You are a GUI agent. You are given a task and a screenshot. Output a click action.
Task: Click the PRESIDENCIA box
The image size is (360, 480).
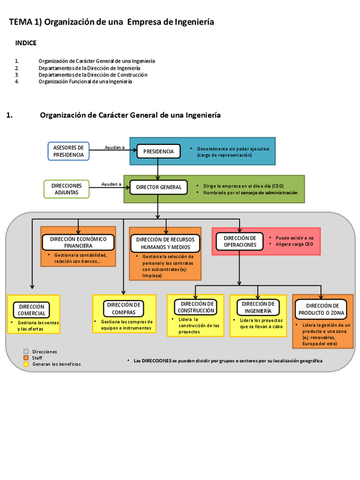pyautogui.click(x=158, y=151)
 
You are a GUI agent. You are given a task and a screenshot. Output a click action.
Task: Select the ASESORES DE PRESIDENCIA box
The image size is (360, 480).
pyautogui.click(x=68, y=151)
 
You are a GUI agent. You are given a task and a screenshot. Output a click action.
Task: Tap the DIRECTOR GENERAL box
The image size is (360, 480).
pyautogui.click(x=158, y=187)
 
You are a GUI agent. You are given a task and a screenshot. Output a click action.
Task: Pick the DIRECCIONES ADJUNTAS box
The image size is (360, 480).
pyautogui.click(x=66, y=189)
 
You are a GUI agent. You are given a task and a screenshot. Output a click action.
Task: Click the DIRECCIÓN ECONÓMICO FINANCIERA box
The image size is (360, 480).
pyautogui.click(x=78, y=242)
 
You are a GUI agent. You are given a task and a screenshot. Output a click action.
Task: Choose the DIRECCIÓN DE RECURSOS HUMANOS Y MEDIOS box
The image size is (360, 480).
pyautogui.click(x=166, y=243)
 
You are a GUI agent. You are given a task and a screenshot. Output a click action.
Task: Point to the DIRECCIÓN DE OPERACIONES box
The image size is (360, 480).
pyautogui.click(x=239, y=242)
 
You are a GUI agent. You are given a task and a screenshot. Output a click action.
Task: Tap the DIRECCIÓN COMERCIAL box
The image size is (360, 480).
pyautogui.click(x=31, y=310)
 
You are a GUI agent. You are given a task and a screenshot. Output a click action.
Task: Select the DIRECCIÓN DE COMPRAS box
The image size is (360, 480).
pyautogui.click(x=123, y=308)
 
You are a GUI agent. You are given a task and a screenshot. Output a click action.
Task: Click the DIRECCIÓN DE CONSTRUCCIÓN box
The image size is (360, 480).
pyautogui.click(x=196, y=307)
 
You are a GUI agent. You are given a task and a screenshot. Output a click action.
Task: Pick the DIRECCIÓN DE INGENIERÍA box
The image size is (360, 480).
pyautogui.click(x=258, y=307)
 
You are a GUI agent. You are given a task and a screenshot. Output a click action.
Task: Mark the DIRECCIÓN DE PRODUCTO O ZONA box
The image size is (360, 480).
pyautogui.click(x=321, y=309)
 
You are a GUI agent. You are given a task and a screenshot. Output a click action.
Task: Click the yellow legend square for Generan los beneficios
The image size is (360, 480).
pyautogui.click(x=26, y=364)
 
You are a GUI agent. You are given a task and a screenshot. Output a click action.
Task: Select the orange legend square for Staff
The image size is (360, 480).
pyautogui.click(x=26, y=358)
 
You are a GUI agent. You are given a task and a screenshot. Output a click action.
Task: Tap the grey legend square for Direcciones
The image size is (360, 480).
pyautogui.click(x=26, y=352)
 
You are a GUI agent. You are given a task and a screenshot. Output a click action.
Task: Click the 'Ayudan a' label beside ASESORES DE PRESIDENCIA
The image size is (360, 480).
pyautogui.click(x=114, y=147)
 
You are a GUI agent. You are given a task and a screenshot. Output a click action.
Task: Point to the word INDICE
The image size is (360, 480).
pyautogui.click(x=26, y=42)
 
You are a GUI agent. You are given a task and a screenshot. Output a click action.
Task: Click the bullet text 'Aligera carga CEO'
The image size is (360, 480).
pyautogui.click(x=294, y=245)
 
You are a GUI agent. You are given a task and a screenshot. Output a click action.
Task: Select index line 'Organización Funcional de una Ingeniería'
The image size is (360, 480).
pyautogui.click(x=85, y=82)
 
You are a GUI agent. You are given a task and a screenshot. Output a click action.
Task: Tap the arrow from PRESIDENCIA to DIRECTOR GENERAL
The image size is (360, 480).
pyautogui.click(x=158, y=169)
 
